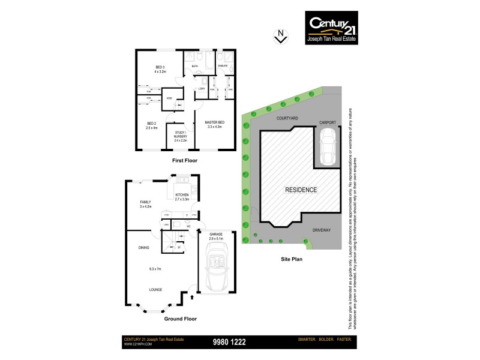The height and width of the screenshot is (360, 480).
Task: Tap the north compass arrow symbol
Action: tap(279, 37)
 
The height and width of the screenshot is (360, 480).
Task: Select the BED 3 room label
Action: tap(160, 69)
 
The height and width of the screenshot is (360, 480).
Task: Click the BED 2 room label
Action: tap(151, 125)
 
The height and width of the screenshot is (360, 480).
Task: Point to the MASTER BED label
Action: tap(214, 124)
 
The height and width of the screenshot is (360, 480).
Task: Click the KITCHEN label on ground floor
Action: tap(182, 196)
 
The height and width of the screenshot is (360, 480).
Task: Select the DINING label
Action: tap(143, 247)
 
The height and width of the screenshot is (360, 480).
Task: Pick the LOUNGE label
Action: tap(156, 289)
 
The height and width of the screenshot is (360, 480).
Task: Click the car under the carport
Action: tap(328, 149)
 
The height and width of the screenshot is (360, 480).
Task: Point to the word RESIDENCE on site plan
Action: tap(301, 190)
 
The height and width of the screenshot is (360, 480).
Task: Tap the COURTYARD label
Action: tap(287, 119)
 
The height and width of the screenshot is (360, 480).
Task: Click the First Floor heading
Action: tap(185, 161)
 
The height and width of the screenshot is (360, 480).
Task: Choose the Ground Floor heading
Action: tap(181, 319)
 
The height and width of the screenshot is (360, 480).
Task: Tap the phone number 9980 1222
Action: tap(230, 342)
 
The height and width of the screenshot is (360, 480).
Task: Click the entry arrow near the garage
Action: tap(191, 296)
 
